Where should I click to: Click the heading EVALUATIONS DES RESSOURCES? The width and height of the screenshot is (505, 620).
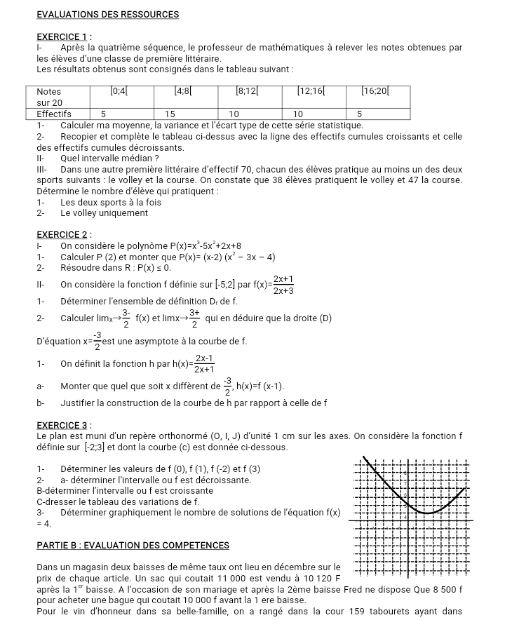[x=107, y=14]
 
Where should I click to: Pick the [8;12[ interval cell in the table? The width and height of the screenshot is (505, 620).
[x=248, y=91]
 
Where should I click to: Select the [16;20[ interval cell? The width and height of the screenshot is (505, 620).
[x=376, y=91]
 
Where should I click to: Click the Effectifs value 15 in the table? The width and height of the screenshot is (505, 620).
[x=170, y=113]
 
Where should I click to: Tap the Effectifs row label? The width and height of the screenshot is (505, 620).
[x=54, y=113]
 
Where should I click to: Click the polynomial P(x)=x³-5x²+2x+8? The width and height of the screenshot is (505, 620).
[x=207, y=245]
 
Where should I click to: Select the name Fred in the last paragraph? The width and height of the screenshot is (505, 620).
[x=374, y=588]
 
